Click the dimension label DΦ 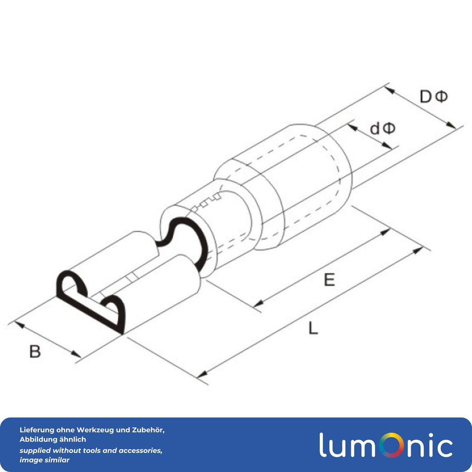point(434,97)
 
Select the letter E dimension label point(329,280)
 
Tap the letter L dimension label point(313,328)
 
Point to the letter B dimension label point(35,351)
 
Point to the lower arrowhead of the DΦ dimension point(451,125)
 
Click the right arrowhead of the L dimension point(418,250)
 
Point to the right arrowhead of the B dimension point(76,354)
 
